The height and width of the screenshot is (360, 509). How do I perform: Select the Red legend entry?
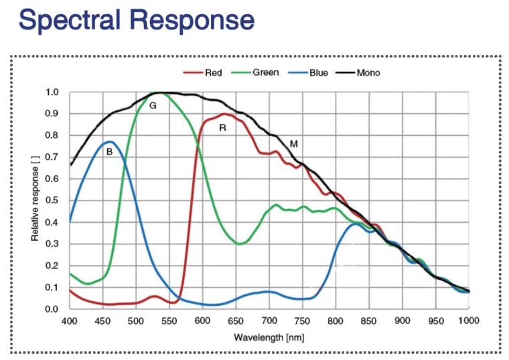pos(213,72)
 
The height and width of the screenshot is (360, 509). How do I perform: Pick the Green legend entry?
pos(265,72)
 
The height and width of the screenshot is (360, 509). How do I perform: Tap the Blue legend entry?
pos(318,72)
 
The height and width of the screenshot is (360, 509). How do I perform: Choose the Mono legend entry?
pos(368,72)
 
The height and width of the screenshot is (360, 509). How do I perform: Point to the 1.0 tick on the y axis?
pos(52,92)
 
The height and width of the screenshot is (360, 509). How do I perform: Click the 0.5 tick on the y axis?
pos(52,201)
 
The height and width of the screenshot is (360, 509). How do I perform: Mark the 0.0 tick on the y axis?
pos(52,309)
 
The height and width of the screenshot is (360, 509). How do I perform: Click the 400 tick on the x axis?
pos(70,321)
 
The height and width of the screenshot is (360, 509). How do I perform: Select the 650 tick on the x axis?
pos(236,321)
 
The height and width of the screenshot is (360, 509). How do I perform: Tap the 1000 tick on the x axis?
pos(468,321)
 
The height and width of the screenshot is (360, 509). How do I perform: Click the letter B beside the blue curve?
pos(109,152)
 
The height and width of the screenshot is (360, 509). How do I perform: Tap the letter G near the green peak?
pos(153,106)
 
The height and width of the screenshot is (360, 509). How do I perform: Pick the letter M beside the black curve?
pos(293,143)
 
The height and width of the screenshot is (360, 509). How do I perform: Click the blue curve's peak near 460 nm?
pos(108,141)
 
